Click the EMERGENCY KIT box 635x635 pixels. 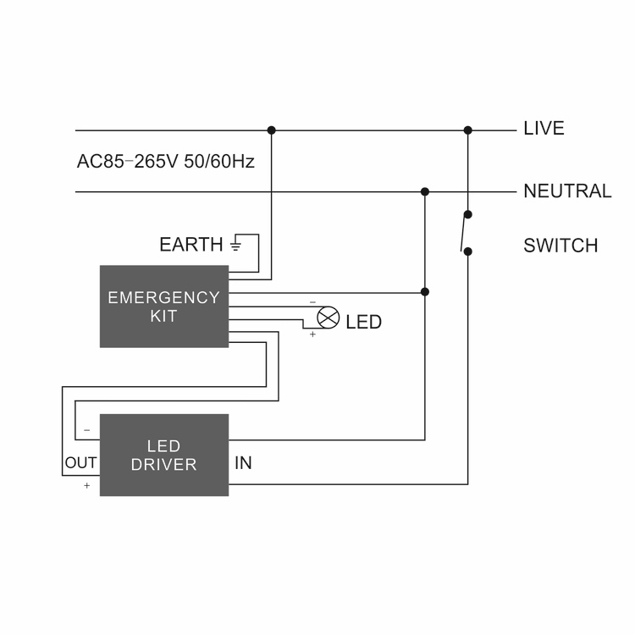pos(164,306)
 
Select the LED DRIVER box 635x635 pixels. pos(164,455)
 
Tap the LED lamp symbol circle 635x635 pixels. pos(328,317)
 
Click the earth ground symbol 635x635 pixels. pos(236,244)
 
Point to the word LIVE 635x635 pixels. pos(544,129)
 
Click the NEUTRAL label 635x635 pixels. pos(567,191)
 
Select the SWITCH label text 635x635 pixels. pos(560,246)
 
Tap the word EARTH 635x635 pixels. pos(191,245)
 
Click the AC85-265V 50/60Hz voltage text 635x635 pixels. pos(166,161)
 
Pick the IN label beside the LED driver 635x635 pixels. pos(243,463)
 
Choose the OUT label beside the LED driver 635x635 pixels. pos(80,462)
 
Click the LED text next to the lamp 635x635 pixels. pos(364,322)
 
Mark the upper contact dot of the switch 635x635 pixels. pos(467,214)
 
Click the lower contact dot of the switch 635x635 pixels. pos(467,251)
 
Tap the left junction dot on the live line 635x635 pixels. pos(271,130)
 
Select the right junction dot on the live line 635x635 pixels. pos(467,130)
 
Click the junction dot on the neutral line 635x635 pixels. pos(425,191)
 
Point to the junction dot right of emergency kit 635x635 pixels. pos(425,291)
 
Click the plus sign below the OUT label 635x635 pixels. pos(86,485)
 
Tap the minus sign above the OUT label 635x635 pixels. pos(86,430)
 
